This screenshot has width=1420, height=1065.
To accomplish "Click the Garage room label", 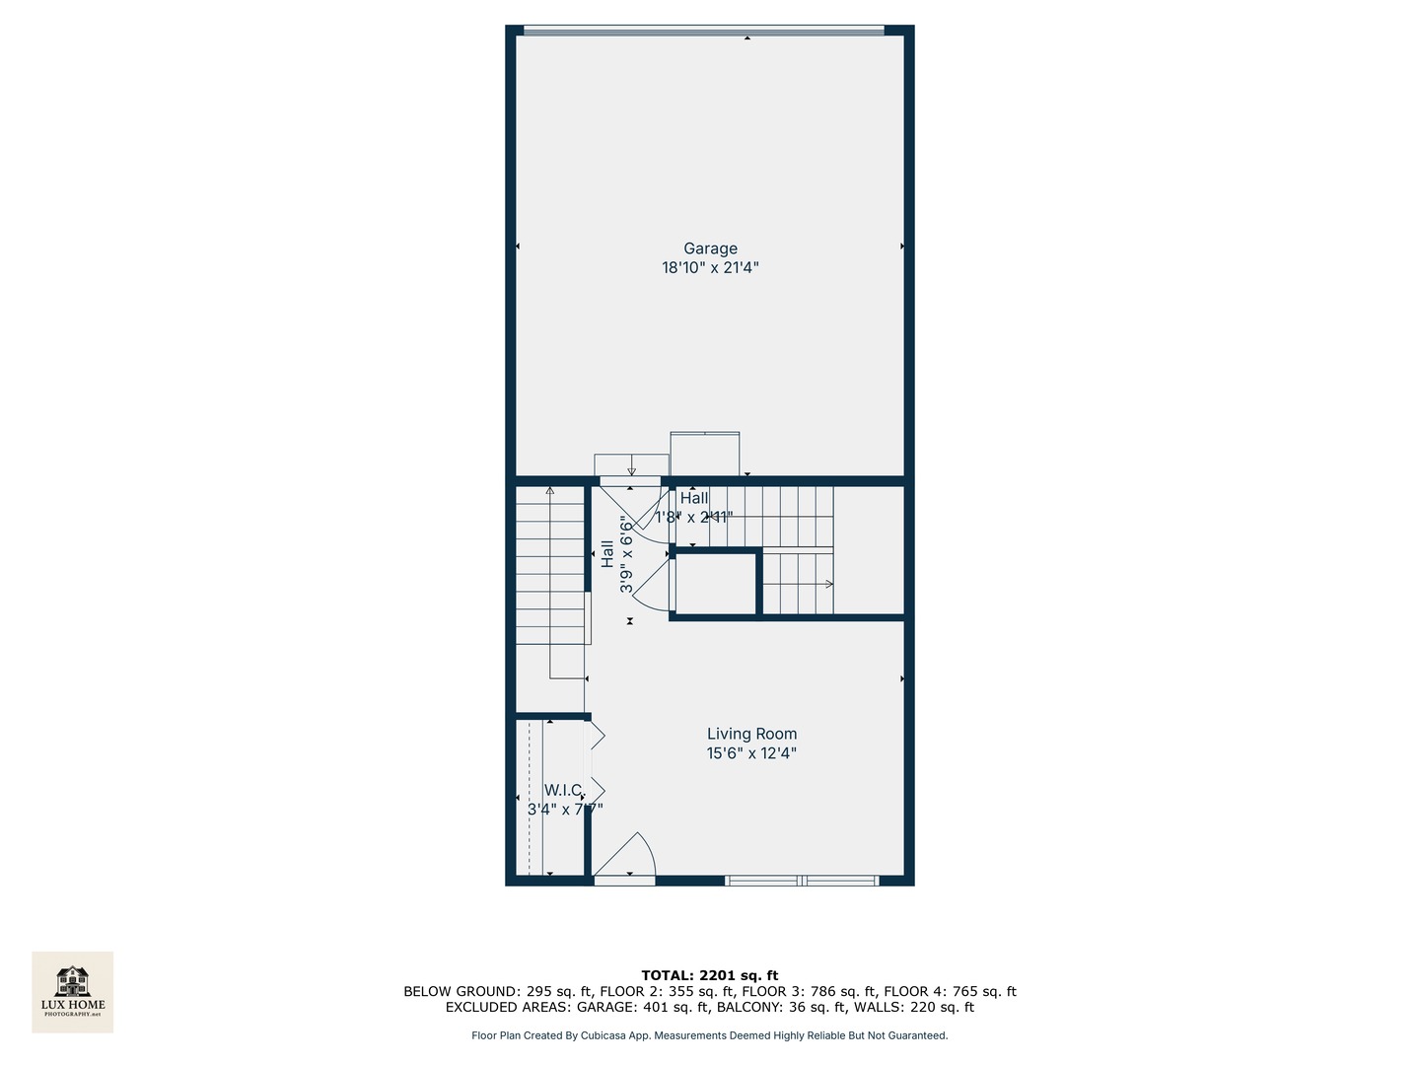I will click(710, 248).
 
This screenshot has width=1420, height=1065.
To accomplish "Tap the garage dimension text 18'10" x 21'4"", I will click(710, 267).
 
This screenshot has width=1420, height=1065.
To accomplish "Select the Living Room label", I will click(751, 734).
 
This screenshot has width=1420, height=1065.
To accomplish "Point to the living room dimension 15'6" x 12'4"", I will click(751, 753).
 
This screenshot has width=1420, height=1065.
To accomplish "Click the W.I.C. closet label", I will click(562, 790).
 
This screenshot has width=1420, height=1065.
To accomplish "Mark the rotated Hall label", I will click(607, 553).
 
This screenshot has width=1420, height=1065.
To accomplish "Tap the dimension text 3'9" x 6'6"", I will click(626, 553).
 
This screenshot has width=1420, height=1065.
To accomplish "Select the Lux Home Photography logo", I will click(73, 991).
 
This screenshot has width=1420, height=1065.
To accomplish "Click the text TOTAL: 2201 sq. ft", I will click(710, 976).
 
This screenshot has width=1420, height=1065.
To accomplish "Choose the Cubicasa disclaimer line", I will click(710, 1035).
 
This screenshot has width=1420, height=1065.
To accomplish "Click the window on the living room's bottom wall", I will click(801, 880).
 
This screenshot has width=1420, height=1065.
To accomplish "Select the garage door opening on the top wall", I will click(703, 31).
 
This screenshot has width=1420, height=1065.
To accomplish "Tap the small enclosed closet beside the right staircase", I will click(716, 585).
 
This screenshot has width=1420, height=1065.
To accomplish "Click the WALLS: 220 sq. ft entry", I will click(914, 1008).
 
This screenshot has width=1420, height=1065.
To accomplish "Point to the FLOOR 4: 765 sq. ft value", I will click(950, 992).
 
